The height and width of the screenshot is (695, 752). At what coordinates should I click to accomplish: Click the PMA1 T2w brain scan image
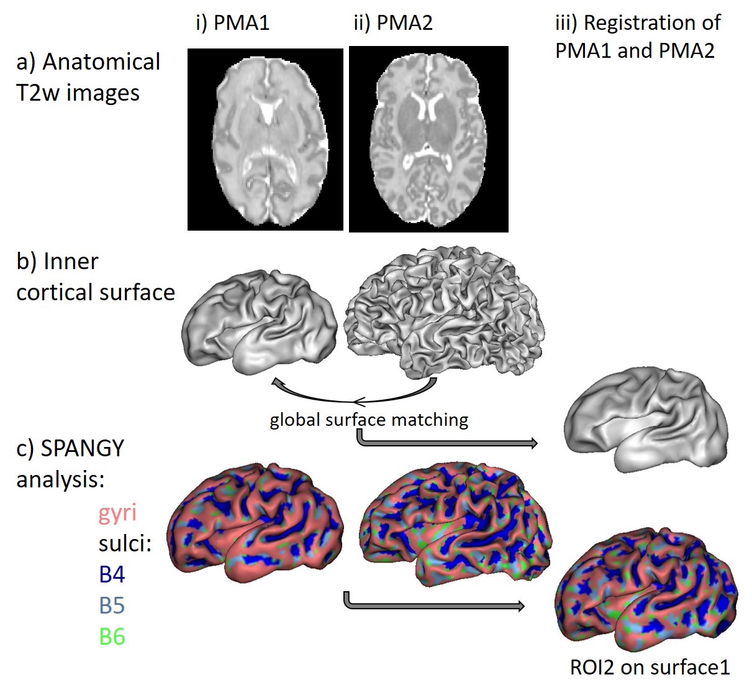pyautogui.click(x=265, y=139)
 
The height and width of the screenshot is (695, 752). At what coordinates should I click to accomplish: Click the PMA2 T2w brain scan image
pyautogui.click(x=428, y=139)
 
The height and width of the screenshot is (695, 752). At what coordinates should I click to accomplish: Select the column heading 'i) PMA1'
pyautogui.click(x=232, y=23)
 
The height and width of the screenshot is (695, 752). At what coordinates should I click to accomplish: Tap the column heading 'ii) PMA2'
pyautogui.click(x=392, y=23)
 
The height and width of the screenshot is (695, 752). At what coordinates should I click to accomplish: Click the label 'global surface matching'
pyautogui.click(x=369, y=420)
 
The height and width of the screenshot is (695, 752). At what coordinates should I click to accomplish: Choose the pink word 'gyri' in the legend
pyautogui.click(x=117, y=513)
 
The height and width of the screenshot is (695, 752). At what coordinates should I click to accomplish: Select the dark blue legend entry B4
pyautogui.click(x=112, y=574)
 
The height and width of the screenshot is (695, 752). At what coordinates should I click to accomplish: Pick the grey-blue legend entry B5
pyautogui.click(x=112, y=605)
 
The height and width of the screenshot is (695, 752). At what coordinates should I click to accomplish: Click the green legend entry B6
pyautogui.click(x=112, y=637)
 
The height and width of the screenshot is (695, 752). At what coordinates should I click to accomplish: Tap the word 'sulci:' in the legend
pyautogui.click(x=125, y=544)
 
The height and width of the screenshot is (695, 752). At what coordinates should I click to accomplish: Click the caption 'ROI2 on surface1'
pyautogui.click(x=650, y=668)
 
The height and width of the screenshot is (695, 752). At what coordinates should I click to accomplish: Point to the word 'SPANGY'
pyautogui.click(x=82, y=448)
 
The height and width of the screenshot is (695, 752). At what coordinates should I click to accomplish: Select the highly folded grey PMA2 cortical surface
pyautogui.click(x=443, y=311)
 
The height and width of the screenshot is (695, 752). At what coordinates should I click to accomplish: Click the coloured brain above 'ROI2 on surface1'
pyautogui.click(x=646, y=591)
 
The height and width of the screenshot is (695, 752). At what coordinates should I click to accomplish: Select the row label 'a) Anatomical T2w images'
pyautogui.click(x=88, y=77)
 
